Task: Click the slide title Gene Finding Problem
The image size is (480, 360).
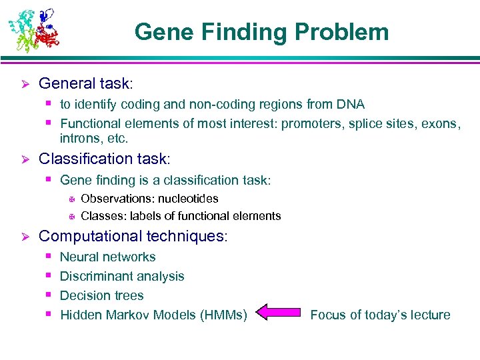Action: tap(261, 31)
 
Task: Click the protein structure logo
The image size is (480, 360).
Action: tap(33, 30)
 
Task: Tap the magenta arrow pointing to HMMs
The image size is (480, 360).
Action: tap(279, 313)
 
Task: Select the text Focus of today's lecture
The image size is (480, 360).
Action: tap(380, 315)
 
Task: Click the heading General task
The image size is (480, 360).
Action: tap(86, 83)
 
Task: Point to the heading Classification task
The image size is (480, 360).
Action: tap(105, 159)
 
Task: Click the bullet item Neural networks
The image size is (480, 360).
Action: tap(107, 257)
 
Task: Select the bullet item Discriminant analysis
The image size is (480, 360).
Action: tap(122, 276)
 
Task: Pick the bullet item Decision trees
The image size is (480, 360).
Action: tap(102, 295)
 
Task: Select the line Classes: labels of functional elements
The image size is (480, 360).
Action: tap(181, 216)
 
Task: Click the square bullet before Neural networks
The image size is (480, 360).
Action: tap(49, 256)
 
